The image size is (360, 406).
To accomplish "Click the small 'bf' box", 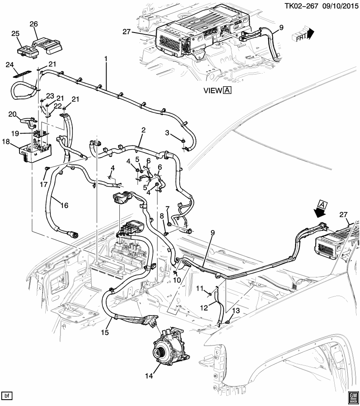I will click(7, 396).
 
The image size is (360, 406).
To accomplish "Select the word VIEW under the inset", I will click(212, 90).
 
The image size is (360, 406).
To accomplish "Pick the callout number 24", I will click(9, 65).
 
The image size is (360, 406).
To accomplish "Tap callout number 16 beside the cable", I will click(64, 206).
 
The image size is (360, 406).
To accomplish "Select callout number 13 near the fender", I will click(236, 311).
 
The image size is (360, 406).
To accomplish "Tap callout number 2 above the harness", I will click(143, 130).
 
